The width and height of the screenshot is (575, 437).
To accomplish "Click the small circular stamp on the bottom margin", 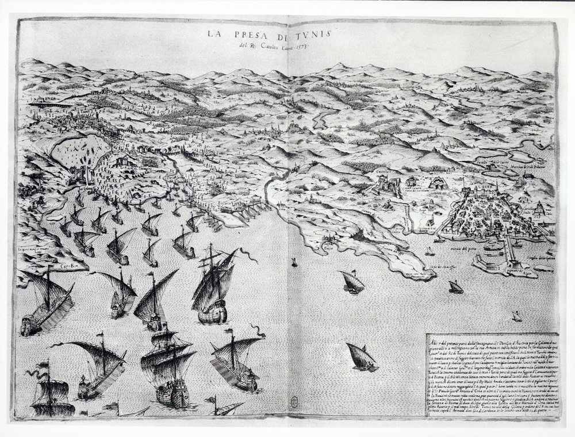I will tap(294, 401).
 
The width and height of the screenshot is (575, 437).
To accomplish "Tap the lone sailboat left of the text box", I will tap(361, 356).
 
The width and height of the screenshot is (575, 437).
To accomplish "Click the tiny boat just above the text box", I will tap(516, 316).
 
